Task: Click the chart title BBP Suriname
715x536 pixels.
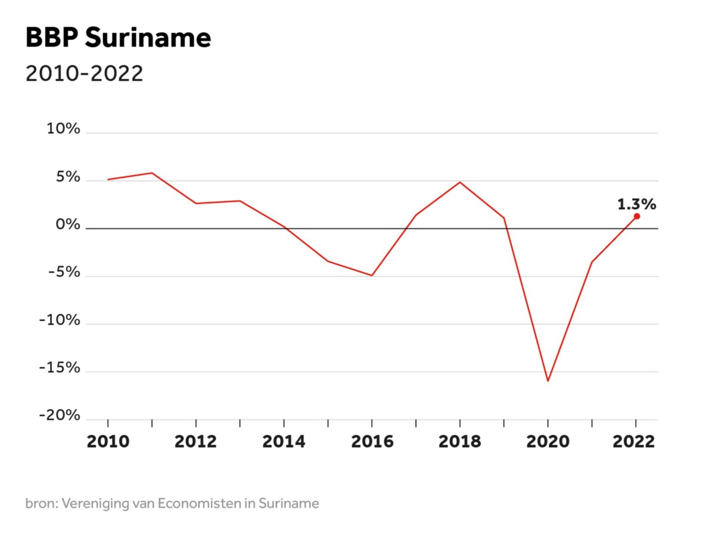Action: tap(118, 39)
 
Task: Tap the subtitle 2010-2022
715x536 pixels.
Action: tap(84, 74)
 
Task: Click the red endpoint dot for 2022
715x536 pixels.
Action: tap(636, 216)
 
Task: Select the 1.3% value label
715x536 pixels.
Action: tap(636, 204)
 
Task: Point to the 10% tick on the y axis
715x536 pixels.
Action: tap(63, 129)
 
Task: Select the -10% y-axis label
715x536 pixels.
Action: tap(60, 320)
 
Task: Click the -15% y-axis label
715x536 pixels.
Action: tap(60, 368)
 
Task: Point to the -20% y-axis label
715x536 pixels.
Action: tap(60, 416)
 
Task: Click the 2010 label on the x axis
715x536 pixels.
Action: tap(108, 441)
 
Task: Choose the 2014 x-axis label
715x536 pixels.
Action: tap(284, 441)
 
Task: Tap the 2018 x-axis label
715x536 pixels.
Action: tap(460, 441)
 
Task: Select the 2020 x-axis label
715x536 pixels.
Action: tap(548, 441)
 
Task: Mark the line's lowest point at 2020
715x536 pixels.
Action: tap(548, 381)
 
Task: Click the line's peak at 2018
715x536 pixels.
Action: tap(460, 182)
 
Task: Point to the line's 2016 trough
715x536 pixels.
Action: tap(372, 275)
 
